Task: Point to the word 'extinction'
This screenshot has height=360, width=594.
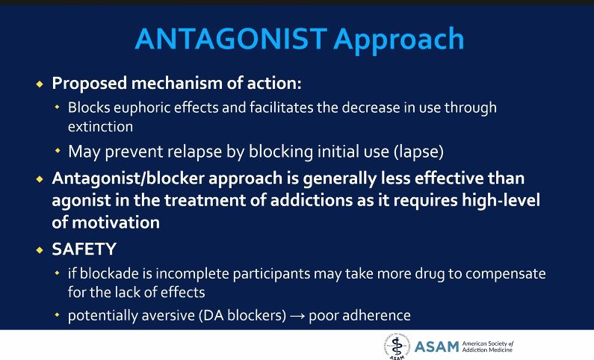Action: pyautogui.click(x=100, y=126)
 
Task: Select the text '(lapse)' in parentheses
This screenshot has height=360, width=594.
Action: pyautogui.click(x=418, y=152)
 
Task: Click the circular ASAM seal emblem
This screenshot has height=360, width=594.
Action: pyautogui.click(x=396, y=346)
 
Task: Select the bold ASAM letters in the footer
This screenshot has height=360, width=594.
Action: pyautogui.click(x=437, y=346)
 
